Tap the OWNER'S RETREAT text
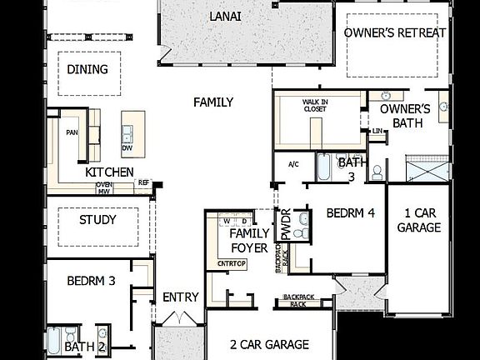(x=396, y=32)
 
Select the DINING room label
(x=87, y=69)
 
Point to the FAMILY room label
(x=213, y=102)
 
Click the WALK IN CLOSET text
(x=315, y=106)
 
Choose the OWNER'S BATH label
(x=405, y=116)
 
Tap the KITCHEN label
(x=109, y=172)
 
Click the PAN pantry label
(x=72, y=131)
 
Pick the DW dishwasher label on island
(x=127, y=148)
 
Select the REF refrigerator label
(x=143, y=182)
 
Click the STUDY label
(x=97, y=220)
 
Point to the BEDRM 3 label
(x=91, y=281)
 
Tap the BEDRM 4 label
(x=350, y=213)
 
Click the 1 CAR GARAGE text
(x=419, y=220)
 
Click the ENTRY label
(x=180, y=297)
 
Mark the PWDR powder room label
(x=286, y=225)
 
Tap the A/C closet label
(x=292, y=164)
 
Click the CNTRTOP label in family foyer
(x=231, y=263)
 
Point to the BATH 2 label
(x=85, y=347)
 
